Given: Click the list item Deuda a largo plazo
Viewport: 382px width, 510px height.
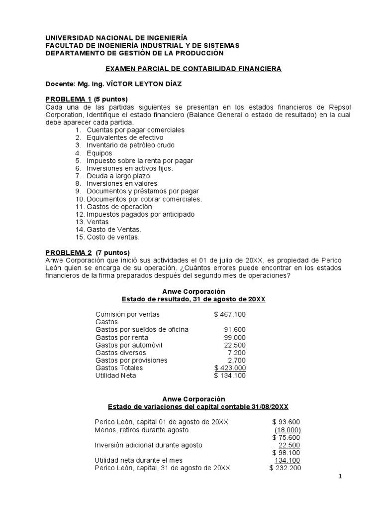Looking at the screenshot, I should point(118,176).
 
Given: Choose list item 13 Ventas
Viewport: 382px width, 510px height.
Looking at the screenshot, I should point(98,222).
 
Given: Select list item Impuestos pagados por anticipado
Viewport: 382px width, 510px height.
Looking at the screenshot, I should point(140,214).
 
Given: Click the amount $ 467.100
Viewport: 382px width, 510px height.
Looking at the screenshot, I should point(229,315).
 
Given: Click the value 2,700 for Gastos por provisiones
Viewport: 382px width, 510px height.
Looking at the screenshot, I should point(236,360).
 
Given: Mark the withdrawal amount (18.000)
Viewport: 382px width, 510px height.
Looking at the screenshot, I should point(287,430).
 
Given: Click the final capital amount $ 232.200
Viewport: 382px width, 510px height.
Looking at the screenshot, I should point(285,468).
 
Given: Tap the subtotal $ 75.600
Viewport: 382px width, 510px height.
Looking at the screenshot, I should point(286,437).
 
